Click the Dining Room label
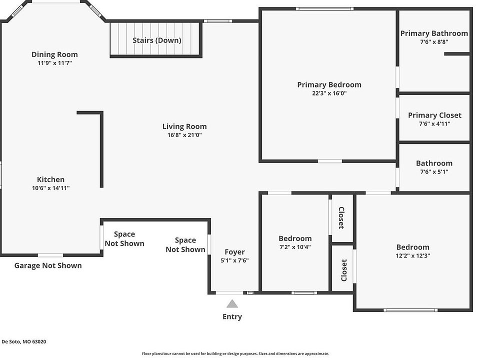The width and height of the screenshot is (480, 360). pyautogui.click(x=54, y=54)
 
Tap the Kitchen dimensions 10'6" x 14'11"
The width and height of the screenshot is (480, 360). pyautogui.click(x=51, y=188)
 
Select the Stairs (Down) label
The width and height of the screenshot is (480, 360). pyautogui.click(x=156, y=40)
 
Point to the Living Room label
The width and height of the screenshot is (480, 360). pyautogui.click(x=184, y=126)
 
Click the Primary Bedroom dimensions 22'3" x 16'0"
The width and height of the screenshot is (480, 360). pyautogui.click(x=329, y=93)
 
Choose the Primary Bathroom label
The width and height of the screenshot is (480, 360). pyautogui.click(x=434, y=33)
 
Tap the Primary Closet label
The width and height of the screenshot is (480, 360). pyautogui.click(x=434, y=115)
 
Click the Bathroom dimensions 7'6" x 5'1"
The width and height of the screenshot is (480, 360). pyautogui.click(x=434, y=171)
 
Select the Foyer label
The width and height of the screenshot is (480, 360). pyautogui.click(x=235, y=252)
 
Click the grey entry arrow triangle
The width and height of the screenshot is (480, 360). pyautogui.click(x=232, y=303)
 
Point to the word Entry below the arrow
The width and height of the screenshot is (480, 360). pyautogui.click(x=232, y=316)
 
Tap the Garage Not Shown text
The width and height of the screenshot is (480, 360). pyautogui.click(x=48, y=265)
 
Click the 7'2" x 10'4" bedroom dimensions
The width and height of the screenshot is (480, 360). pyautogui.click(x=295, y=247)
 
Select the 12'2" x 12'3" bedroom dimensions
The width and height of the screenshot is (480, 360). pyautogui.click(x=413, y=255)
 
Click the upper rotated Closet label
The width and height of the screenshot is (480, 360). pyautogui.click(x=341, y=218)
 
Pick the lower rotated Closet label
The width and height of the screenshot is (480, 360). pyautogui.click(x=344, y=270)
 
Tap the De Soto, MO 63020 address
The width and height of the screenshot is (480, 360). pyautogui.click(x=24, y=341)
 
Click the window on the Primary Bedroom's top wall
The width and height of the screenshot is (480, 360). pyautogui.click(x=324, y=9)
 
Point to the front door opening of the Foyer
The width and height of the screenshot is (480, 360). pyautogui.click(x=229, y=293)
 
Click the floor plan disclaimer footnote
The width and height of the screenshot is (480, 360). pyautogui.click(x=235, y=353)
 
